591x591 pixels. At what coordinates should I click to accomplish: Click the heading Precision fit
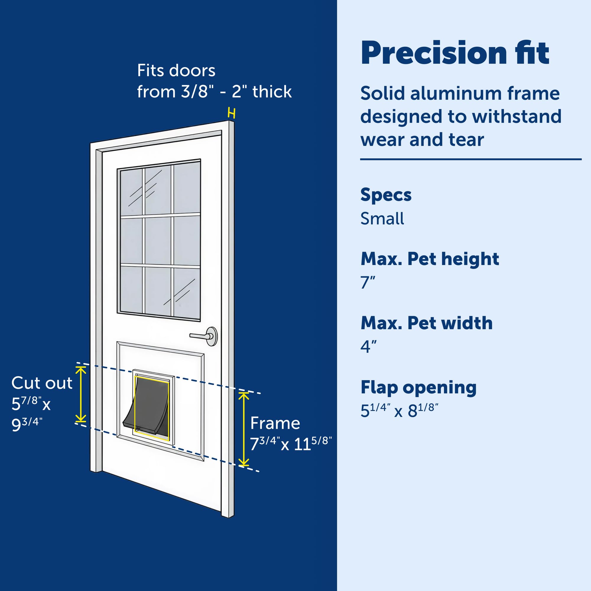pos(455,53)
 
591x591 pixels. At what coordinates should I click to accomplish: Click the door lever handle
pos(203,336)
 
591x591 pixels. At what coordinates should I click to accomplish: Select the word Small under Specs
pos(382,219)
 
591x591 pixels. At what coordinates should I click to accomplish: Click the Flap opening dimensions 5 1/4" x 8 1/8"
pos(399,410)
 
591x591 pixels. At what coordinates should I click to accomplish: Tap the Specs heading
pos(386,195)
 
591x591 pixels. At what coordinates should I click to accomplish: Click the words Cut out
pos(42,383)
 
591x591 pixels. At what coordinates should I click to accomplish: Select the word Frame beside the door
pos(275,423)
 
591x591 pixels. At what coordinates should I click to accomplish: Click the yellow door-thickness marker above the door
pos(232,113)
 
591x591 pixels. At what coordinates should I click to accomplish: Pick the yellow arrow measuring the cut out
pos(81,394)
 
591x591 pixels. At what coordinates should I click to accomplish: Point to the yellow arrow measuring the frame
pos(243,429)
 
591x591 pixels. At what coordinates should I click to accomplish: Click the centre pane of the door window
pos(158,241)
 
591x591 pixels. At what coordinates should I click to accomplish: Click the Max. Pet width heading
pos(426,323)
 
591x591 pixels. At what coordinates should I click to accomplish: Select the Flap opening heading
pos(418,387)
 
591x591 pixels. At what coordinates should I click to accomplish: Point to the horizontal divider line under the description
pos(470,159)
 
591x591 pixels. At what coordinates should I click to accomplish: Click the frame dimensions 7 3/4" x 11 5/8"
pos(290,444)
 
